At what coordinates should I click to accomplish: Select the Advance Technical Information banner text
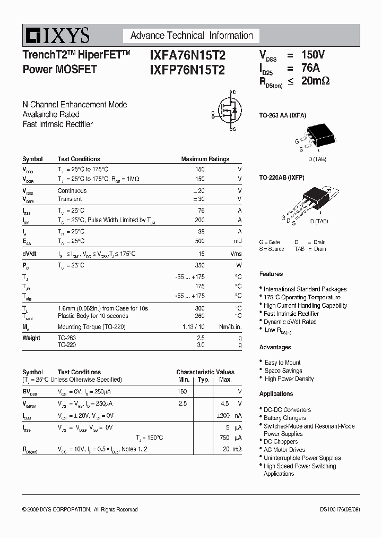[x=192, y=36]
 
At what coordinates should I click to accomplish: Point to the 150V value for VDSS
[x=313, y=55]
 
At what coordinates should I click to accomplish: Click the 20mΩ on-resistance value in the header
[x=315, y=81]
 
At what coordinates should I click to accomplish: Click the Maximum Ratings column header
[x=205, y=159]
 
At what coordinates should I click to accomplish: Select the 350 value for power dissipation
[x=199, y=265]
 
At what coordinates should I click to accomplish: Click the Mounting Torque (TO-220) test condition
[x=91, y=327]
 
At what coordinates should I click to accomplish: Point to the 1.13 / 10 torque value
[x=193, y=327]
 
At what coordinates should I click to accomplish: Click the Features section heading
[x=271, y=274]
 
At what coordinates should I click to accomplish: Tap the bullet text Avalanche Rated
[x=51, y=114]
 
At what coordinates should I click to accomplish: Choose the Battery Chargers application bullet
[x=285, y=418]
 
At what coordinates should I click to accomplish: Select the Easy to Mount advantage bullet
[x=283, y=363]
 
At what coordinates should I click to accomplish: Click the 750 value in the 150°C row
[x=224, y=438]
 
